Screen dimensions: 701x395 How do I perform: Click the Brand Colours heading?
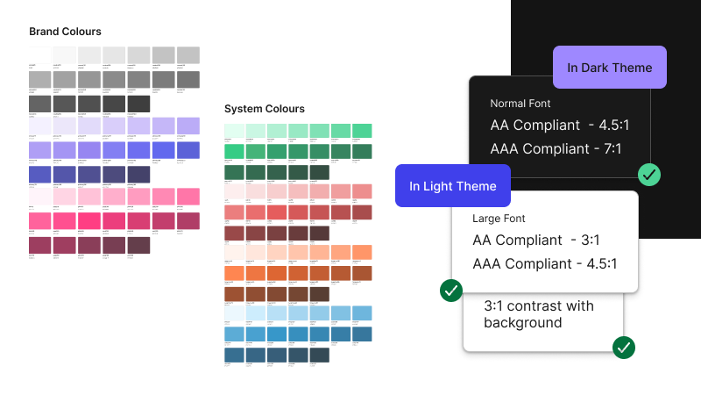[65, 32]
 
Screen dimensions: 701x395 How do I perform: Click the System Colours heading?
[265, 109]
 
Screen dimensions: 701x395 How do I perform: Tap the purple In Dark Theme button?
[610, 68]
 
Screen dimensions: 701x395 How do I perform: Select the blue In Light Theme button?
[453, 186]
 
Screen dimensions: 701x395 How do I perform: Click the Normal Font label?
[520, 104]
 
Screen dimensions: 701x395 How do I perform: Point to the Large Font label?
[499, 218]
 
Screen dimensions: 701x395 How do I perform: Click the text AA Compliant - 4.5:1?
[560, 126]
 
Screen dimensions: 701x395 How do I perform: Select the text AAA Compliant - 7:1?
[556, 148]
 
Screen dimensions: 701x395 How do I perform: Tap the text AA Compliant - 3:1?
[536, 240]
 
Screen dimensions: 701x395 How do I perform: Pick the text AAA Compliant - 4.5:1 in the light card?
[545, 263]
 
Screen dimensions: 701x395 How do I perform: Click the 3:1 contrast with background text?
[538, 314]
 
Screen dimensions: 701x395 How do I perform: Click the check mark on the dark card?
[649, 174]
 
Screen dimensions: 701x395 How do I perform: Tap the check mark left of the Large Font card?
[450, 290]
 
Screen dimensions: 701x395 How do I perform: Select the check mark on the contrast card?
[624, 348]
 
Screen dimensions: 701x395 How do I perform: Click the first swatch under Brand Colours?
[39, 54]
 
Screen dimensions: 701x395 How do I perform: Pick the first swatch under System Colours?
[235, 130]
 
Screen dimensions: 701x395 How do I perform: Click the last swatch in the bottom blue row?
[318, 355]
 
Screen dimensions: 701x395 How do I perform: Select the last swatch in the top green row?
[361, 130]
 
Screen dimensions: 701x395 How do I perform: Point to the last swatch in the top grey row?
[188, 54]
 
